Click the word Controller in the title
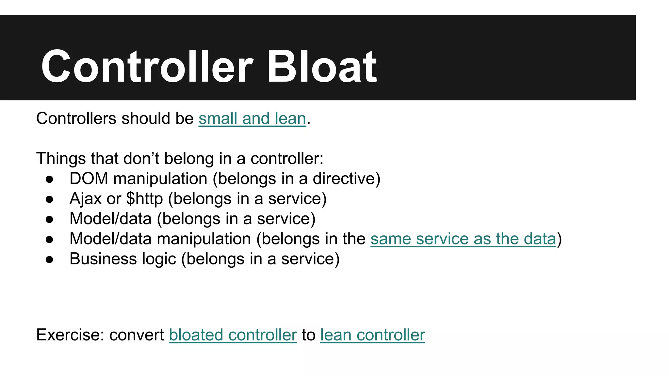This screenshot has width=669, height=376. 147,67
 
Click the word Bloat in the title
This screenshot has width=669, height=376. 322,67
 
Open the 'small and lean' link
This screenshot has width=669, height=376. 252,118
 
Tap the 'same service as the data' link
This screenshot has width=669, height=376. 463,239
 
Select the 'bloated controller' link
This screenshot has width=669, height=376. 233,335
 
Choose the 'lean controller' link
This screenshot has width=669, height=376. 372,335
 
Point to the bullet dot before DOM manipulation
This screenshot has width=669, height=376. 50,179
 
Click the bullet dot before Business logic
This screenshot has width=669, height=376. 50,259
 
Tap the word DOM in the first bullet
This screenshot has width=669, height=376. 89,179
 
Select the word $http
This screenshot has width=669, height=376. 144,199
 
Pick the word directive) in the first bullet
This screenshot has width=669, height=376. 347,179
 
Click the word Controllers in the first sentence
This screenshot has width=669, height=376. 76,118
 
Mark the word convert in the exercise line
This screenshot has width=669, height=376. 137,335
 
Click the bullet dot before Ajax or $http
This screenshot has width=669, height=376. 50,199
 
